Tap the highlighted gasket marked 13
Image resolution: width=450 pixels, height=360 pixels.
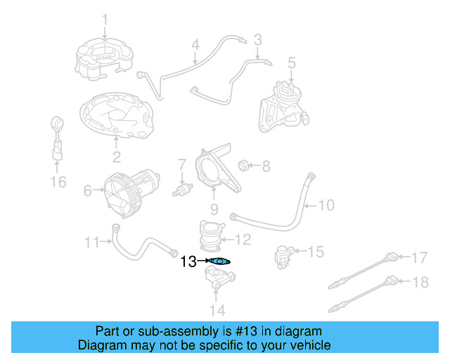pos(219,262)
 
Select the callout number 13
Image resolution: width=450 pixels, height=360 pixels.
pos(188,262)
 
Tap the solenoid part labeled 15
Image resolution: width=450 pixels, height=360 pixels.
pos(283,255)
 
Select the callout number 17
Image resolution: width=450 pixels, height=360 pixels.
pos(419,258)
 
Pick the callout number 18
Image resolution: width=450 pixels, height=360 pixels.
pos(419,283)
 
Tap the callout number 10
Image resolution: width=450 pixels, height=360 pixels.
pos(327,206)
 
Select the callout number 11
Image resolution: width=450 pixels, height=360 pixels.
pos(92,243)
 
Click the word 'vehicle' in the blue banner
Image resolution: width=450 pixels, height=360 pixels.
pos(310,346)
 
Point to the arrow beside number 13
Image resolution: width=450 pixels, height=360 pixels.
pos(204,261)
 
